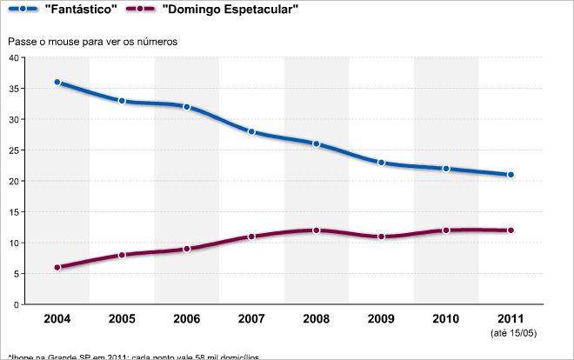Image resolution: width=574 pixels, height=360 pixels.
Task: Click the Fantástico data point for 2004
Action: pos(57,83)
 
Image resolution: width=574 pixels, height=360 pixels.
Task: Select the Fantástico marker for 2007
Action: pos(251,131)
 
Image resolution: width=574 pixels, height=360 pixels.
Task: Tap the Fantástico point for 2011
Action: pos(511,175)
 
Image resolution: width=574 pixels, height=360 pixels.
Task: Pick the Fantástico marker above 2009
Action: pos(381,163)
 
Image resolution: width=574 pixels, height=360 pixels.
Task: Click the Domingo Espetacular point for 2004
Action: pos(57,268)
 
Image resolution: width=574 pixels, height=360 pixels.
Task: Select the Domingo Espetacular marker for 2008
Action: pos(317,230)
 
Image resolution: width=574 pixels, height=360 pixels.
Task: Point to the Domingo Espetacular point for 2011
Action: pos(511,230)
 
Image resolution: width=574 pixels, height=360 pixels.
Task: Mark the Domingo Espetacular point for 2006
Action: pos(187,249)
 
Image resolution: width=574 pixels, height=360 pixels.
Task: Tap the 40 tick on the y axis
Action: pos(13,57)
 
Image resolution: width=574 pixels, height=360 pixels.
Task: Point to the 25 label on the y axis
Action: pos(13,150)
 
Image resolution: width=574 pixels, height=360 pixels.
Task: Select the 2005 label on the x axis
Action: pos(122,318)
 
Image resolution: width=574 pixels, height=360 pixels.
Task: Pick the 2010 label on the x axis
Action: pos(446,318)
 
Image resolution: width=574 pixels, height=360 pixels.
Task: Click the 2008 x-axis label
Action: pos(317,318)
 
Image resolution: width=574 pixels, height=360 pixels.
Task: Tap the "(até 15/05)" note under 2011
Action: pos(511,332)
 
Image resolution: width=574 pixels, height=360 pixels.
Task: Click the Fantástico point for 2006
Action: pos(187,107)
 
